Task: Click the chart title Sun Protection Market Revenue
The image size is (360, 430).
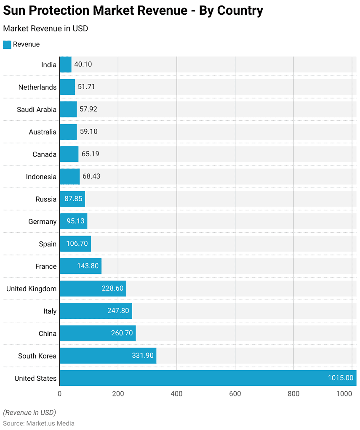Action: (133, 11)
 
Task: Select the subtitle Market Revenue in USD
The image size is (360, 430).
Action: (45, 29)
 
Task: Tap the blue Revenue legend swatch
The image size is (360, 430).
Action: (7, 45)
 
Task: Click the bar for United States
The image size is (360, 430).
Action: (208, 378)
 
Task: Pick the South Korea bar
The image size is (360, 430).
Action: (108, 356)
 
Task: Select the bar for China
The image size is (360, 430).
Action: (97, 333)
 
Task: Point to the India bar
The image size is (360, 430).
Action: (65, 64)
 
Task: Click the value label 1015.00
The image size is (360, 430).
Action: (340, 378)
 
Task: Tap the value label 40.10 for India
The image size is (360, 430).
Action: (83, 64)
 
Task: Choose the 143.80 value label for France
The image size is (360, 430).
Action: (88, 266)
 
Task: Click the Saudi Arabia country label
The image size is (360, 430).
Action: (37, 109)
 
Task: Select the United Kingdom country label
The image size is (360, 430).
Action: (31, 289)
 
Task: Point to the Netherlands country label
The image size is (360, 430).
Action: (37, 87)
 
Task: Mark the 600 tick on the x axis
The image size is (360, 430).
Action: (235, 394)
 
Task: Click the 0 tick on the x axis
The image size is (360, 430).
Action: (59, 394)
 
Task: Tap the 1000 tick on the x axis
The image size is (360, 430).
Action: (344, 394)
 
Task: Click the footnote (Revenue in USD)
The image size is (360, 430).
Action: (29, 412)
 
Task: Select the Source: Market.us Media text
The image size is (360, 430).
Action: (39, 423)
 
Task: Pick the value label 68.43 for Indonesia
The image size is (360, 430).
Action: (91, 176)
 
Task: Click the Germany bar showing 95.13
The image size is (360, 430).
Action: (73, 221)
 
